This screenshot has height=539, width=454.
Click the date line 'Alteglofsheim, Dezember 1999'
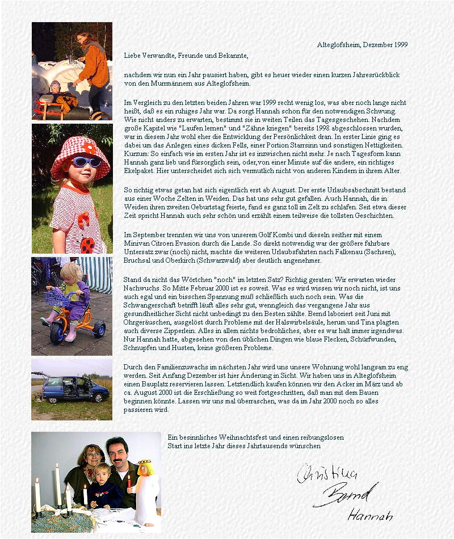coord(362,45)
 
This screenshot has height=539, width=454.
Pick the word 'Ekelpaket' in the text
coord(138,171)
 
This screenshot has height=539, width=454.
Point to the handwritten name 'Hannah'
coord(370,516)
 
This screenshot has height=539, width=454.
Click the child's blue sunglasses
coord(86,162)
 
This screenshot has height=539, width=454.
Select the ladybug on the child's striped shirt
coord(87,245)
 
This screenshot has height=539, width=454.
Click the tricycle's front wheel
coord(58,334)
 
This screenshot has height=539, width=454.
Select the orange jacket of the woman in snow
coord(94,66)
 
